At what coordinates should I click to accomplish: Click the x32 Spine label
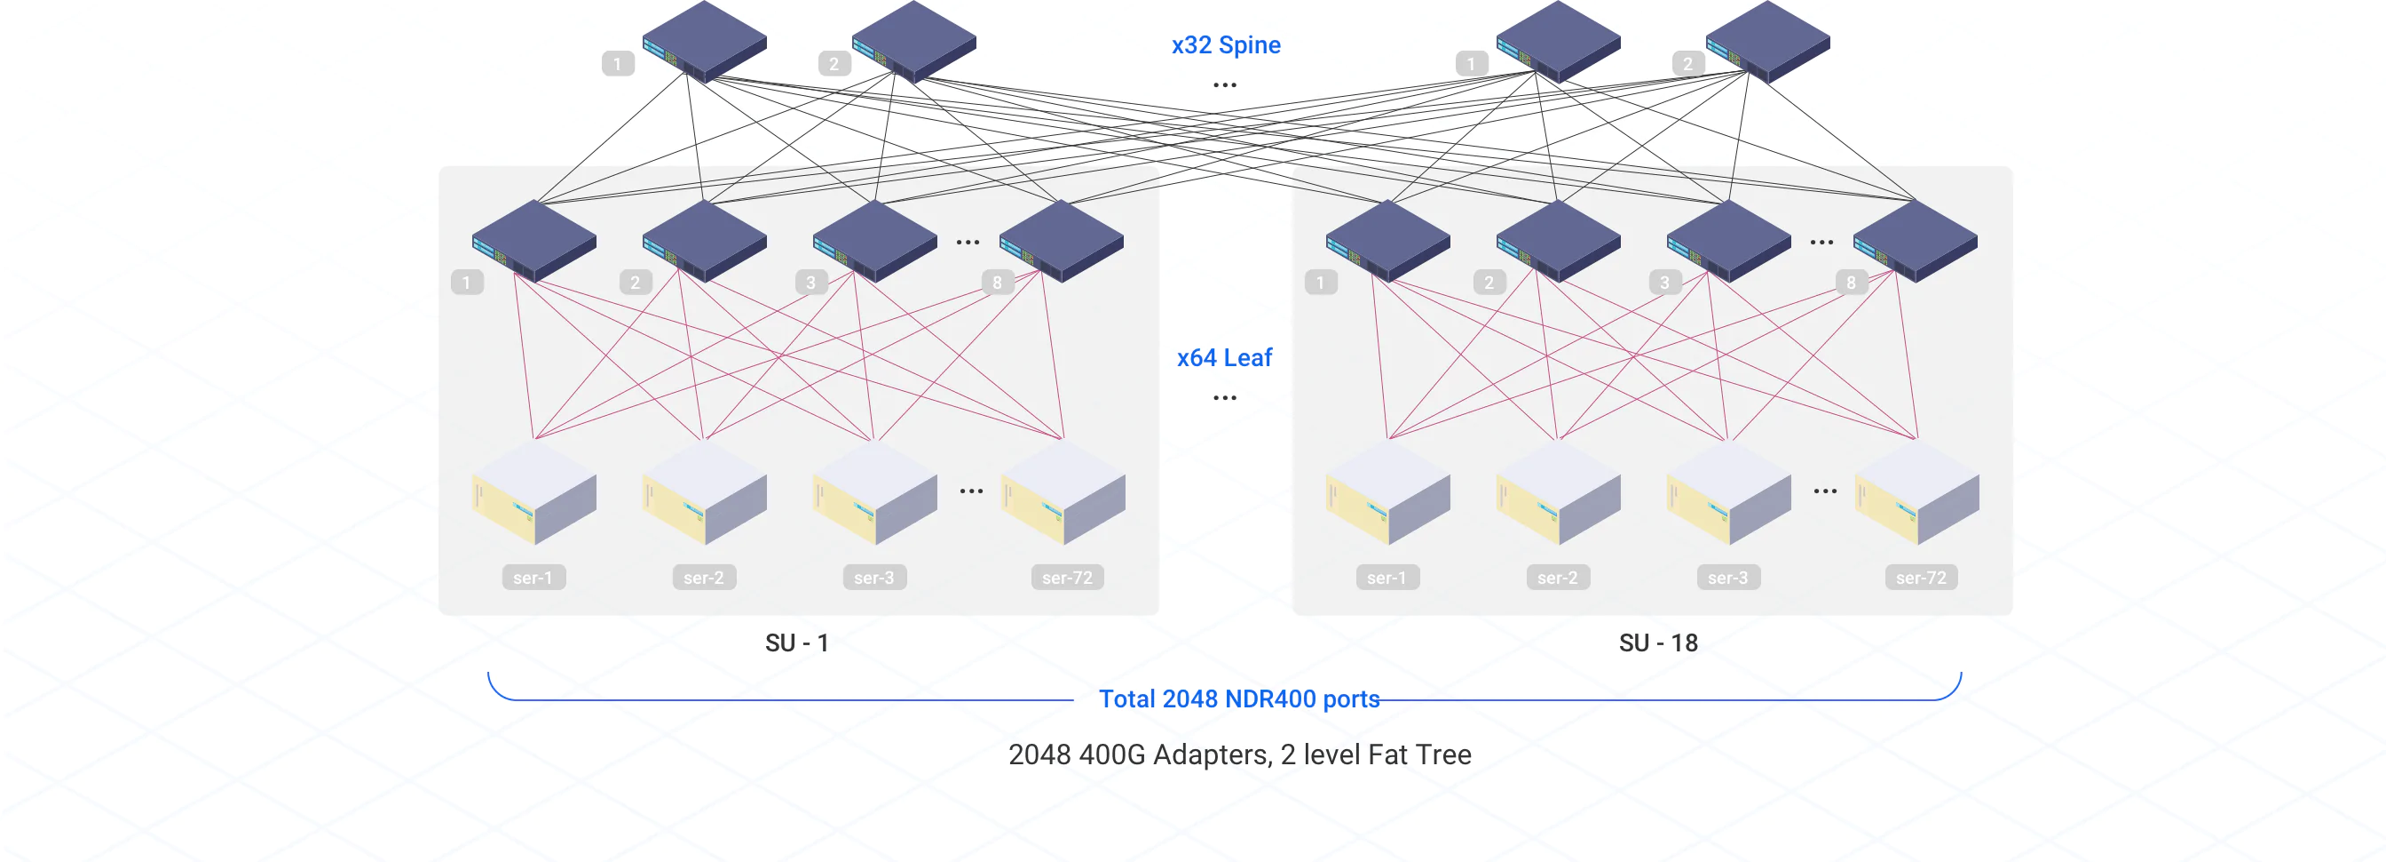point(1226,44)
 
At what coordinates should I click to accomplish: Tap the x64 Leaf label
point(1223,358)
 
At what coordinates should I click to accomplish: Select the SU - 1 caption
point(796,643)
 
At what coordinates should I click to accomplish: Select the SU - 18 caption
point(1657,643)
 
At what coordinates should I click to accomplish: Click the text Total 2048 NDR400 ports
point(1238,698)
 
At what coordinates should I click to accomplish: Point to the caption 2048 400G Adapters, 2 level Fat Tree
point(1238,754)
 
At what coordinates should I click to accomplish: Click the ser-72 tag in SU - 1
point(1066,578)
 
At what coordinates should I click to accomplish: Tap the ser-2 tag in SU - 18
point(1557,578)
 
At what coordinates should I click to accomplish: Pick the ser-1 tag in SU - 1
point(533,578)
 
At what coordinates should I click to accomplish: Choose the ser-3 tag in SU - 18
point(1727,578)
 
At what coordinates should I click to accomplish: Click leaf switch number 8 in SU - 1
point(1062,240)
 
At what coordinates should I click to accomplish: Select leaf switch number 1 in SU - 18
point(1387,240)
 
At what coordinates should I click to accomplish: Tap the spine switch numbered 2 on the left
point(913,41)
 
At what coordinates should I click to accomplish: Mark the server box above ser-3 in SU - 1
point(874,493)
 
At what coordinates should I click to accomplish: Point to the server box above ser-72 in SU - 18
point(1916,493)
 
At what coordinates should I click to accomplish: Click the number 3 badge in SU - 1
point(810,282)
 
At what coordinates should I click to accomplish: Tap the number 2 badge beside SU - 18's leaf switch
point(1489,282)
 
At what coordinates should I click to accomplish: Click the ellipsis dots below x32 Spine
point(1224,85)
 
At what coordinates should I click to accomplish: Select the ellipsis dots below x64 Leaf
point(1224,397)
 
